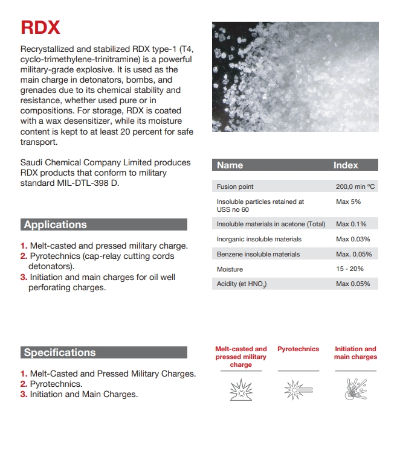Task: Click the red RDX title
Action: pyautogui.click(x=40, y=28)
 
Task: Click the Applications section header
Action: pyautogui.click(x=56, y=224)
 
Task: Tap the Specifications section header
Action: pyautogui.click(x=60, y=352)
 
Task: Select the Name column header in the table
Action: pyautogui.click(x=230, y=165)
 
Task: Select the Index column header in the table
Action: pyautogui.click(x=346, y=165)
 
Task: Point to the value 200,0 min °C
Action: pyautogui.click(x=355, y=187)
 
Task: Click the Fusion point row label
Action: pyautogui.click(x=235, y=187)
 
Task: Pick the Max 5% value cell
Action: pyautogui.click(x=348, y=202)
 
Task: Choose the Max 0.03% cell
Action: pyautogui.click(x=353, y=239)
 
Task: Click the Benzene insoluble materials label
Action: pyautogui.click(x=258, y=254)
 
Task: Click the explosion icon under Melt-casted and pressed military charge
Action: pyautogui.click(x=240, y=390)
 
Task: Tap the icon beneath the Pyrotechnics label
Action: pyautogui.click(x=298, y=390)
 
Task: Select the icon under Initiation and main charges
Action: pyautogui.click(x=355, y=390)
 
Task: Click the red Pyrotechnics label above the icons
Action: pyautogui.click(x=298, y=349)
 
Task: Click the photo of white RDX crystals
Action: pyautogui.click(x=295, y=77)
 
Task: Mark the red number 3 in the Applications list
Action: pyautogui.click(x=24, y=278)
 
